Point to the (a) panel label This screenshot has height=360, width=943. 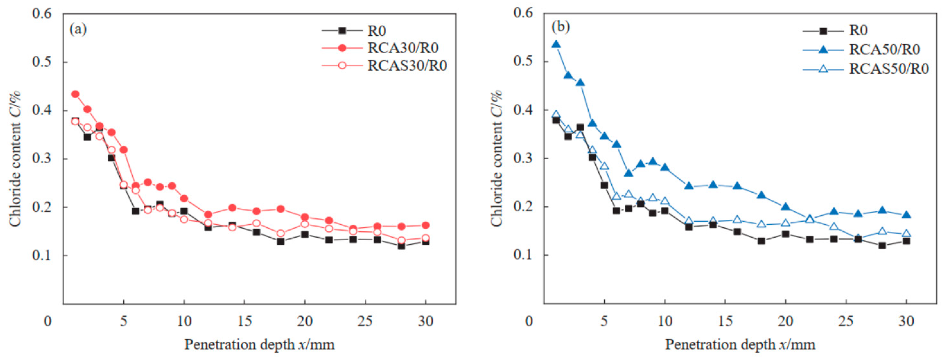tap(78, 29)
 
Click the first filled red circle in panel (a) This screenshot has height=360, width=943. tap(75, 94)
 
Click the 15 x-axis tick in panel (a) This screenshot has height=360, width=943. tap(244, 321)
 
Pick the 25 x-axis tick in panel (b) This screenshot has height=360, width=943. tap(846, 321)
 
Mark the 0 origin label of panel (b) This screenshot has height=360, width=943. tap(529, 321)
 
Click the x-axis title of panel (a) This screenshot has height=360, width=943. tap(259, 345)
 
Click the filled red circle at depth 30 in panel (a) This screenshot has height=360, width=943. tap(426, 225)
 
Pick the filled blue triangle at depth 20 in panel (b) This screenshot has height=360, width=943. tap(786, 207)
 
